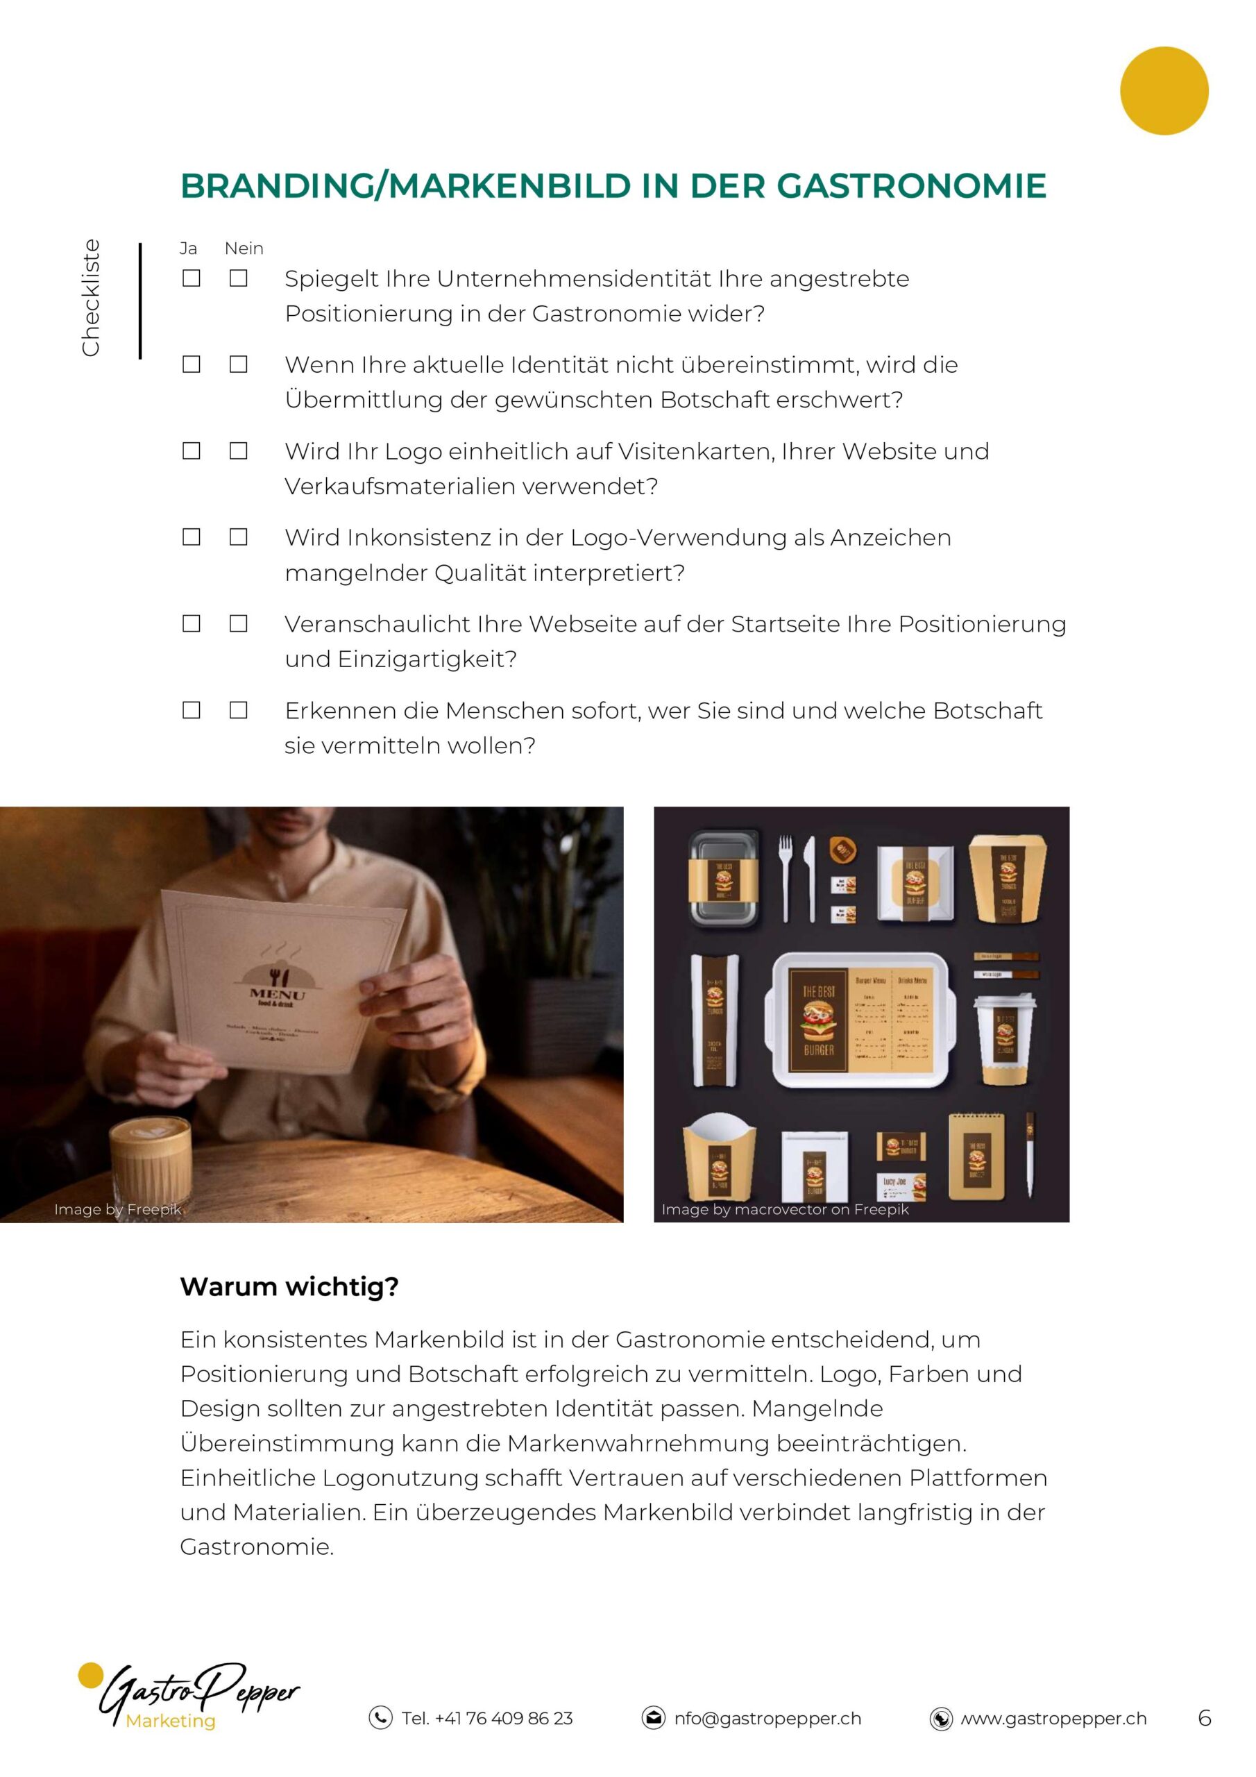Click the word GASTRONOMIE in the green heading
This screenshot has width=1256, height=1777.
click(911, 187)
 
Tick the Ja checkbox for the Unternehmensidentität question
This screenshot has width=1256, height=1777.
click(191, 278)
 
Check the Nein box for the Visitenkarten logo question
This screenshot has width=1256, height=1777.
click(238, 450)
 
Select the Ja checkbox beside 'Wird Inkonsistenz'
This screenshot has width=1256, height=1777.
click(191, 537)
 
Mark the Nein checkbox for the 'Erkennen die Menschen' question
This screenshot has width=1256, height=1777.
click(238, 709)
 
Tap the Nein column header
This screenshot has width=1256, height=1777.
click(244, 249)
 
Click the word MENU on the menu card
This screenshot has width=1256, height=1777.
click(277, 994)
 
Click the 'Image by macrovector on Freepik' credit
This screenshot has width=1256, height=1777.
click(785, 1210)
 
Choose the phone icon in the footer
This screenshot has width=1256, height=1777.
click(380, 1718)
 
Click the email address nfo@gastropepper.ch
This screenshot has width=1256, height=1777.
click(767, 1718)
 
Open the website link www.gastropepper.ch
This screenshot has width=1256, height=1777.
click(1053, 1718)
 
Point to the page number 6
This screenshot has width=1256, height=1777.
click(1204, 1718)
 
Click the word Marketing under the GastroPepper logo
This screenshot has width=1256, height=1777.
click(170, 1721)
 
